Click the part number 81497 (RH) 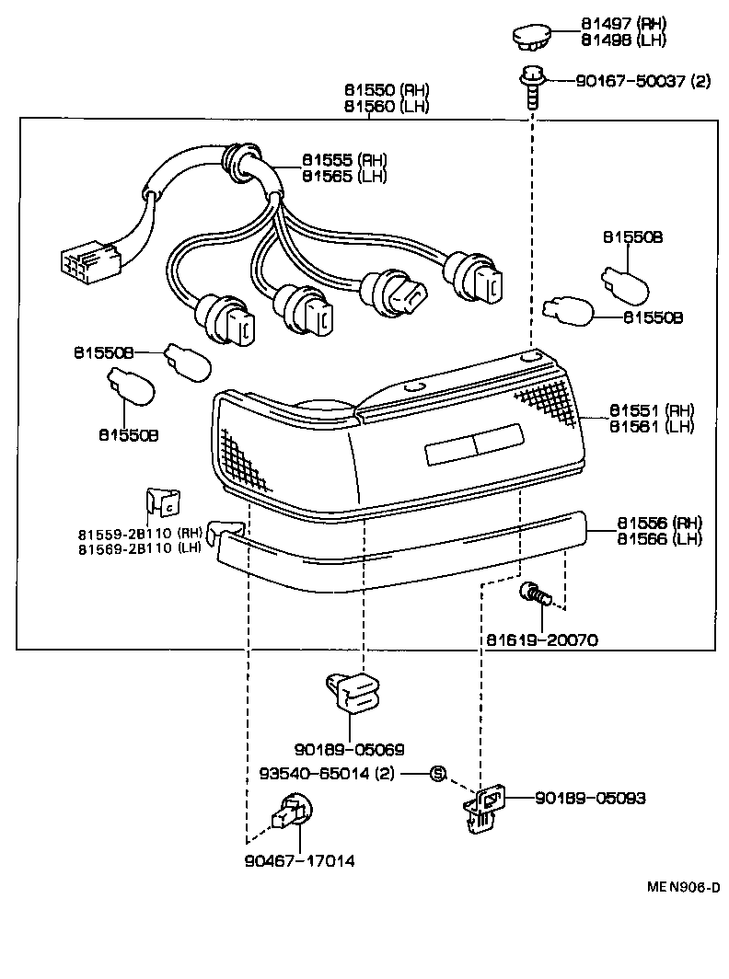click(623, 24)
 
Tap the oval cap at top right click(530, 38)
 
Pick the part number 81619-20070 click(542, 638)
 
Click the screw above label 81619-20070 click(534, 596)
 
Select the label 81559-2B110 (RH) click(139, 533)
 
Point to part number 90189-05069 click(350, 749)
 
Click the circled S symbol click(438, 773)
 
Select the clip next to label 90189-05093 click(484, 806)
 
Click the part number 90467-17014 click(300, 861)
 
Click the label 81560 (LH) click(388, 106)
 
